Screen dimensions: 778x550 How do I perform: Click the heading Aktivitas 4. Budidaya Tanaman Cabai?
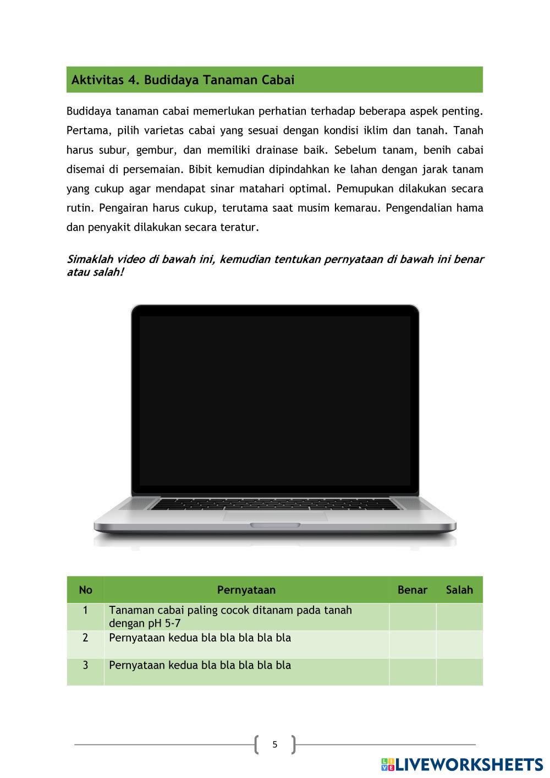click(x=183, y=80)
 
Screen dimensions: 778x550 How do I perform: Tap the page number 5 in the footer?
click(x=275, y=744)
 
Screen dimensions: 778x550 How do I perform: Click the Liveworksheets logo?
click(x=461, y=764)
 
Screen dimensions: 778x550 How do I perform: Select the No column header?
click(x=85, y=590)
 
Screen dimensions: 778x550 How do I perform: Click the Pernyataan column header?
click(x=246, y=590)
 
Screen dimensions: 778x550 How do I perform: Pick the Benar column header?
click(x=412, y=590)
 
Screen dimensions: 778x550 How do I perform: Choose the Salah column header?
click(x=459, y=590)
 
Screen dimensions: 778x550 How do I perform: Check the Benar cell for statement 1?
click(x=412, y=617)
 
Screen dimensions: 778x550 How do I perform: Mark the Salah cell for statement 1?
click(x=459, y=617)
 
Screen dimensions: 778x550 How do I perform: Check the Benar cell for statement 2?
click(x=412, y=644)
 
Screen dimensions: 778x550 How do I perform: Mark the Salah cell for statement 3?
click(x=459, y=672)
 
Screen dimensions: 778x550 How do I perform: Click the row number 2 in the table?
click(x=85, y=638)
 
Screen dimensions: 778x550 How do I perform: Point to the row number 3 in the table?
click(x=85, y=665)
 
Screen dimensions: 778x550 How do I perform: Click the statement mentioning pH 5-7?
click(x=230, y=617)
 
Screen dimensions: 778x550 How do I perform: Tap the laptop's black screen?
click(x=275, y=400)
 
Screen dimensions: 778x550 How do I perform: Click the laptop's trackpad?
click(x=275, y=516)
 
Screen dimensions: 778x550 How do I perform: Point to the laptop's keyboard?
click(x=275, y=504)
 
